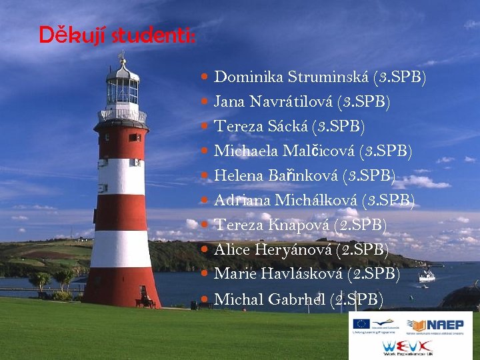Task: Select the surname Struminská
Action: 329,77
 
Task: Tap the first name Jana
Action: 229,102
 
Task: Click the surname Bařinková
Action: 303,176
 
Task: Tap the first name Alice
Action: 231,250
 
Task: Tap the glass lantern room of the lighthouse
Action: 122,90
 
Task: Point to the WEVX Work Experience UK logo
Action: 411,347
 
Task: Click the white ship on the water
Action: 426,275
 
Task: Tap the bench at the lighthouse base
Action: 145,302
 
